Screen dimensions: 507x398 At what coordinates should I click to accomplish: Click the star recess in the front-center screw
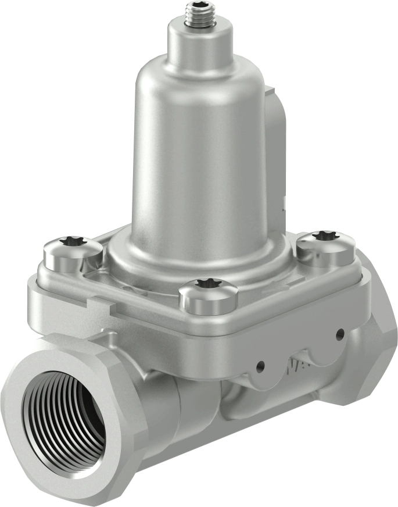207,283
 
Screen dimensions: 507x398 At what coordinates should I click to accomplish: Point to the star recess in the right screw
324,235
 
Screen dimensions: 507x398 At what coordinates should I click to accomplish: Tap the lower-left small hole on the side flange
261,366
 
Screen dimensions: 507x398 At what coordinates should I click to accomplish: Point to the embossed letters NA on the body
295,366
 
